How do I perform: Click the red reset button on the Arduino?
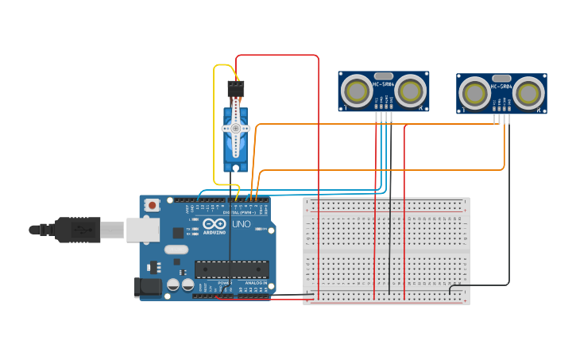click(152, 205)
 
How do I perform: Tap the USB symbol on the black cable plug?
click(82, 230)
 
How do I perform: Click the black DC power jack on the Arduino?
click(148, 287)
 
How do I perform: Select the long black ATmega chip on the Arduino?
click(231, 269)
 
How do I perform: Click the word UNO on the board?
click(241, 224)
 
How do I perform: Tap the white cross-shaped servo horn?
click(236, 127)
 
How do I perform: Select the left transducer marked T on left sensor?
click(356, 91)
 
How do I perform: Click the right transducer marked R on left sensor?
click(411, 91)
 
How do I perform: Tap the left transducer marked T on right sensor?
click(474, 94)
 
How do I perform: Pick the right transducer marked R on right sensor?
click(529, 94)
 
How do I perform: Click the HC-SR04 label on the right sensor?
click(501, 86)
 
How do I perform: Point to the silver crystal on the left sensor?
click(384, 75)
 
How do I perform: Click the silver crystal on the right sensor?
click(501, 78)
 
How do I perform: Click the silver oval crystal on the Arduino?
click(177, 250)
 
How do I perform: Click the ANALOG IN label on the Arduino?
click(255, 283)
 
